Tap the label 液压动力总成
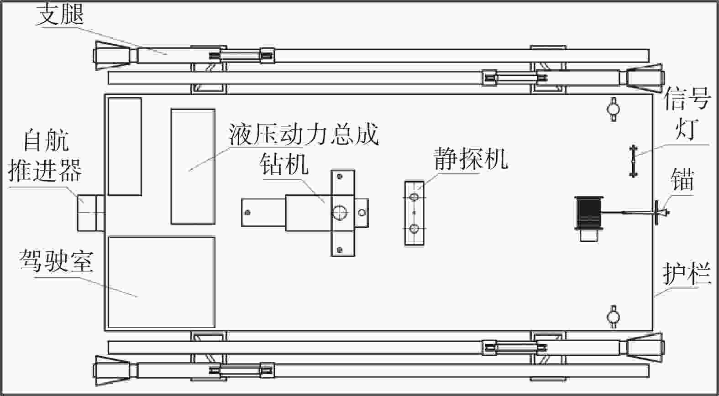(x=304, y=135)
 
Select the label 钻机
(x=283, y=165)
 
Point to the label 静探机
(x=471, y=158)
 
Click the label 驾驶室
(x=56, y=261)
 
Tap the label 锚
(x=682, y=179)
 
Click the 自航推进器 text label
(x=45, y=156)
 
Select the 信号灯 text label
(x=687, y=114)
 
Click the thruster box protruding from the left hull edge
(x=90, y=213)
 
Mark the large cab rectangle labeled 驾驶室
(x=161, y=282)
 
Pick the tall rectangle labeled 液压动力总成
(x=193, y=167)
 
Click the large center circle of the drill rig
(x=340, y=213)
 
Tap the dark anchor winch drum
(x=589, y=213)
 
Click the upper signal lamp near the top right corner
(x=613, y=108)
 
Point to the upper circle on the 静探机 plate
(x=414, y=198)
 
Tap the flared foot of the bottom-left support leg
(x=112, y=370)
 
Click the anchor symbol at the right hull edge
(x=658, y=212)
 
